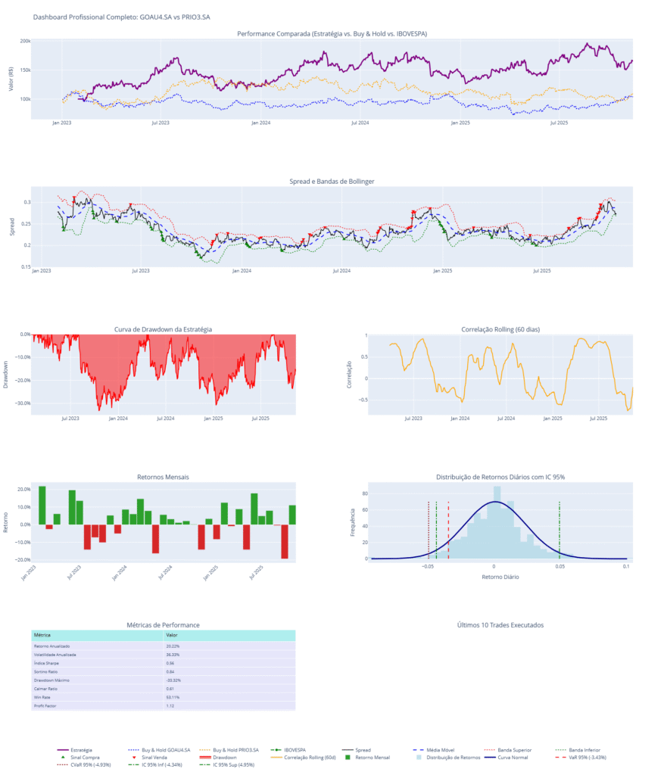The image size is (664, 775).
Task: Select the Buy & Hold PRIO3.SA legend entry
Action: pyautogui.click(x=235, y=749)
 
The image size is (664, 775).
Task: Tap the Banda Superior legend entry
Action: pyautogui.click(x=516, y=749)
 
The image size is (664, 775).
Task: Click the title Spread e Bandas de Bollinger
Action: pyautogui.click(x=332, y=182)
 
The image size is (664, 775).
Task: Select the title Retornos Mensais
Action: pyautogui.click(x=164, y=477)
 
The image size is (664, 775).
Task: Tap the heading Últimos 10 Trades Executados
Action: pyautogui.click(x=500, y=625)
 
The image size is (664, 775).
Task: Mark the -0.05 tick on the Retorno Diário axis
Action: pyautogui.click(x=428, y=566)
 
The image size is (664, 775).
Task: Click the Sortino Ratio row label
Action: pyautogui.click(x=48, y=671)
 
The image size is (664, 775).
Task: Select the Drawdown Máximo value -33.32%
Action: pyautogui.click(x=174, y=680)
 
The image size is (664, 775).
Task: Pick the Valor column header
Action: pyautogui.click(x=172, y=635)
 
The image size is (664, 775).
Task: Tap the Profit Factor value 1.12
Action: pyautogui.click(x=170, y=705)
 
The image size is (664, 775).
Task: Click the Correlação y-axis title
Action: pyautogui.click(x=350, y=373)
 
